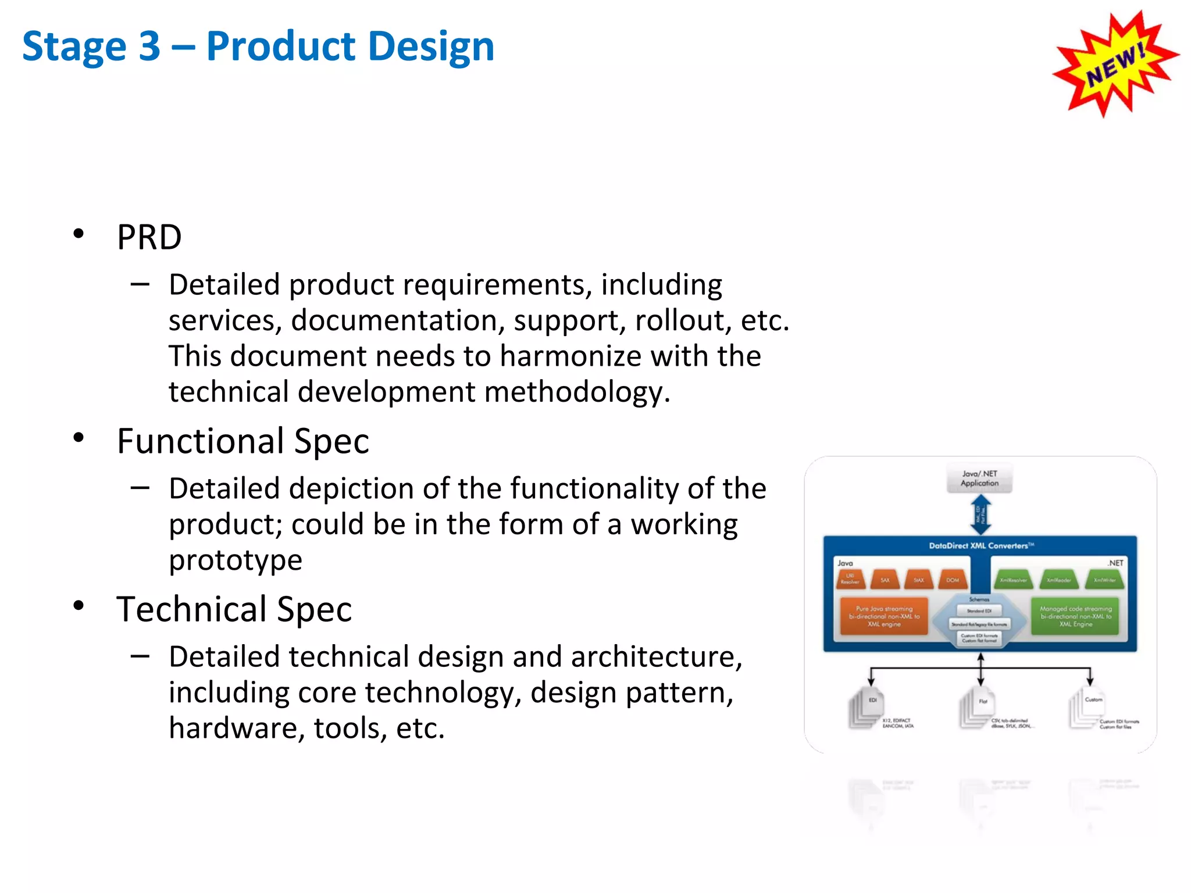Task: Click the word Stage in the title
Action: pyautogui.click(x=74, y=47)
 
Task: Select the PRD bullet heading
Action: pyautogui.click(x=149, y=237)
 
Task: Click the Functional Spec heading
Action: pyautogui.click(x=243, y=441)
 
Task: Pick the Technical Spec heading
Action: pyautogui.click(x=234, y=609)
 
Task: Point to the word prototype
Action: pyautogui.click(x=236, y=560)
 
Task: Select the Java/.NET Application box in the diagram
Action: pyautogui.click(x=979, y=478)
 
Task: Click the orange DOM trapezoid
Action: pyautogui.click(x=953, y=580)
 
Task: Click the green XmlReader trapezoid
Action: pyautogui.click(x=1058, y=580)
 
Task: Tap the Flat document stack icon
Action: pyautogui.click(x=977, y=708)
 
